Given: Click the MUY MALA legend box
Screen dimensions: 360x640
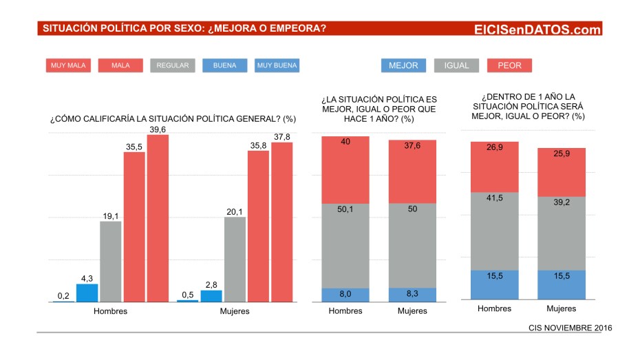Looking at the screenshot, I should pos(67,66).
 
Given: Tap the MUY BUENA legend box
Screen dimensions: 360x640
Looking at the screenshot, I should pos(277,66).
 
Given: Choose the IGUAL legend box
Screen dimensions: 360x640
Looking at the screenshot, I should pos(456,66).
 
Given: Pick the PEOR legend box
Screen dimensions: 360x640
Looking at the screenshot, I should pos(509,66).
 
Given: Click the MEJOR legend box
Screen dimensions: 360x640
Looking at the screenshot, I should pos(403,66).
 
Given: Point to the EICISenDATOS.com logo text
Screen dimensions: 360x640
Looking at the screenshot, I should pos(537,30).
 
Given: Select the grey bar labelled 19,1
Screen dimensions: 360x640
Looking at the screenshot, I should pos(111,262).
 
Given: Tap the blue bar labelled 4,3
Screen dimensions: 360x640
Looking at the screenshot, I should pos(87,293).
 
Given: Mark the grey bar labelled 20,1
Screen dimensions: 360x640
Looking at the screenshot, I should pos(235,260).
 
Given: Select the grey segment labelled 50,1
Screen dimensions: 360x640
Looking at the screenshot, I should pos(345,246).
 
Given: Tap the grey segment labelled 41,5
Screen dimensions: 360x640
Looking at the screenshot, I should pos(494,231).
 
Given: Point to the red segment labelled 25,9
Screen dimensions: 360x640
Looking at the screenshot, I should pos(561,172).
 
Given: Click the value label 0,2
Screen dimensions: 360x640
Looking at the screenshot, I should pos(63,296).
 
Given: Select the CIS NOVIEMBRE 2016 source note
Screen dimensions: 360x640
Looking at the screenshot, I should pos(570,328).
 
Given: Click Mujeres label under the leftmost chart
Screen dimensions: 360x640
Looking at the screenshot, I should pos(235,311).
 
